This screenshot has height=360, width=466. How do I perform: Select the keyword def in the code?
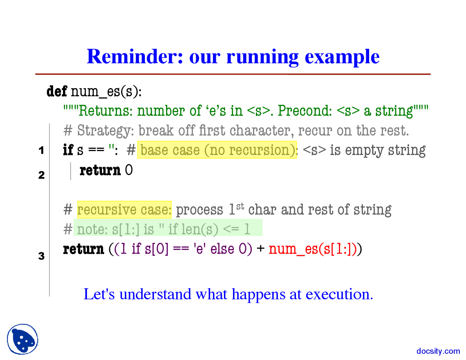pyautogui.click(x=57, y=91)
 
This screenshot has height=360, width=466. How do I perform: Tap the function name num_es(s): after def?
pyautogui.click(x=106, y=91)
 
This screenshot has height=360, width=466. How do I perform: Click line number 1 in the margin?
pyautogui.click(x=42, y=150)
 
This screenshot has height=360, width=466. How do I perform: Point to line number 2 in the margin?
pyautogui.click(x=42, y=175)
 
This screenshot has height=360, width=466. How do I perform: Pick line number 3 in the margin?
pyautogui.click(x=42, y=256)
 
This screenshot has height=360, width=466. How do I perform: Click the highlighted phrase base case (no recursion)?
pyautogui.click(x=217, y=150)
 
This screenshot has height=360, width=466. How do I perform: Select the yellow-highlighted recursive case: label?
pyautogui.click(x=124, y=210)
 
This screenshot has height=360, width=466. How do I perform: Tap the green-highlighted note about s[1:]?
pyautogui.click(x=167, y=229)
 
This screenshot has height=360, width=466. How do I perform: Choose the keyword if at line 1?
pyautogui.click(x=68, y=150)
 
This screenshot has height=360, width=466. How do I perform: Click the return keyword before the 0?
pyautogui.click(x=100, y=170)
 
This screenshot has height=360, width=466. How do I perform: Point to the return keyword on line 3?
pyautogui.click(x=83, y=249)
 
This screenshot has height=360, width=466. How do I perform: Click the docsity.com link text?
pyautogui.click(x=438, y=351)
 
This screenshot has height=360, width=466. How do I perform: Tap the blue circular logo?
pyautogui.click(x=23, y=339)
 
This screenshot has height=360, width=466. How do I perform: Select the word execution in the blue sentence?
pyautogui.click(x=339, y=294)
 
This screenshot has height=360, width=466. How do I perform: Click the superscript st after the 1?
pyautogui.click(x=240, y=206)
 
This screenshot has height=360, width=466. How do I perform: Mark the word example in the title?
pyautogui.click(x=342, y=57)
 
